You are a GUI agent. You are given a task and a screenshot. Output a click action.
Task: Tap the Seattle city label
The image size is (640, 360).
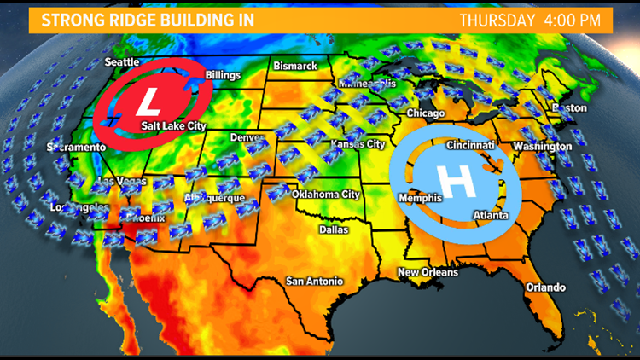click(122, 62)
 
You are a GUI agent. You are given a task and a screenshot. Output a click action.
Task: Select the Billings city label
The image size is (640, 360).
click(224, 75)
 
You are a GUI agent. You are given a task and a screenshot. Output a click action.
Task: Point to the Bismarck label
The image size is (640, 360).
click(294, 66)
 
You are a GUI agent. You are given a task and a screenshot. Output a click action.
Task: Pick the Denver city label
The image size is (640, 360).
click(247, 137)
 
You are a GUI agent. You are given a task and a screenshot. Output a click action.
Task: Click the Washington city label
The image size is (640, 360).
click(542, 146)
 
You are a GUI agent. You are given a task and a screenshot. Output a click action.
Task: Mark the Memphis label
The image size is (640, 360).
click(420, 198)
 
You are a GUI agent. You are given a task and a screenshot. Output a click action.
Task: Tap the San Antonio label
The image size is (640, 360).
click(314, 281)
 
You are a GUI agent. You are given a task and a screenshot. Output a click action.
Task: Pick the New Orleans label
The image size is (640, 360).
click(428, 272)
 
